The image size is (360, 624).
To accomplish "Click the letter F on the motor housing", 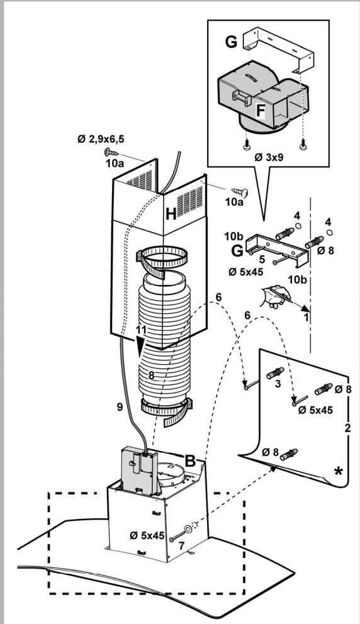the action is point(260,110).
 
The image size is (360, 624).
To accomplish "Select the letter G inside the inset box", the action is point(231,42).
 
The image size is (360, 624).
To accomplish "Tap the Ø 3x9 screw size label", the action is point(269,157).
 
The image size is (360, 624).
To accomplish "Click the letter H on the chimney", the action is point(171,215).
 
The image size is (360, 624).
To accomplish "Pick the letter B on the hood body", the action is point(190,460).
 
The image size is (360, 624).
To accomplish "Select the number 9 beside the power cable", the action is point(120,407).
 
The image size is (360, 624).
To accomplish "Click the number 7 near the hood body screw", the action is point(182,545).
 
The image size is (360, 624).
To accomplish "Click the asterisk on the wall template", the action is point(338,471).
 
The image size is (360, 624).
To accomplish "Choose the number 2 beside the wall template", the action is point(347,428).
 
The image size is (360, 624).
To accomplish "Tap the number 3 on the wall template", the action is point(278,384).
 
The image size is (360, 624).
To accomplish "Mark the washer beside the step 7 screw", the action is point(188,529).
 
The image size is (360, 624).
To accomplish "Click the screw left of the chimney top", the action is point(112,152).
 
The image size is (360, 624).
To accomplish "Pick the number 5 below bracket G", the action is point(262,259).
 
